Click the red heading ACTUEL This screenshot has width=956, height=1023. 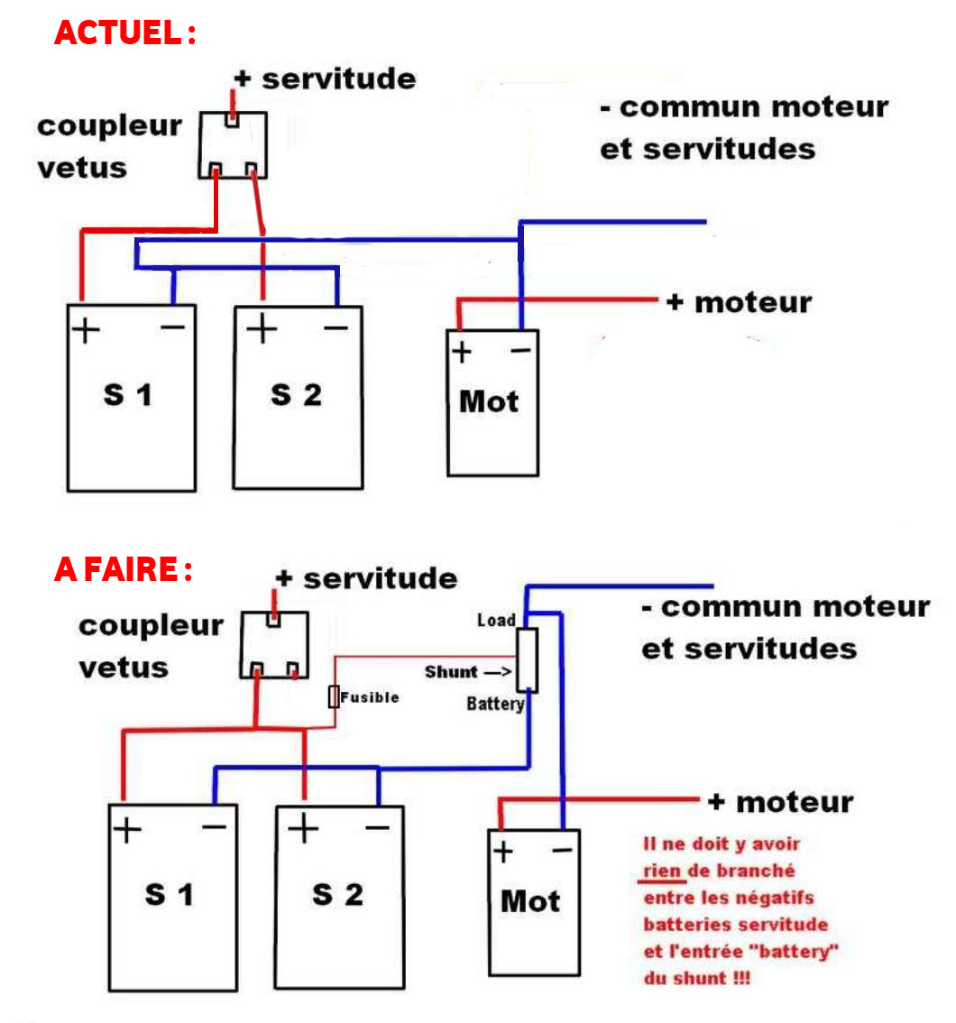click(124, 32)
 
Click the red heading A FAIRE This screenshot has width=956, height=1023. click(123, 569)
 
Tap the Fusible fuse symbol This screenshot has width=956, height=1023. click(334, 696)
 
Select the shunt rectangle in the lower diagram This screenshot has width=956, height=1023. click(528, 660)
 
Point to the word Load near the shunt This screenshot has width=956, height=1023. click(496, 621)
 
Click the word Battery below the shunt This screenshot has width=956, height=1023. click(495, 704)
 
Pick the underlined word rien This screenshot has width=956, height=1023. click(665, 871)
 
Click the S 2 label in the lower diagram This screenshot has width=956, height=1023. click(337, 894)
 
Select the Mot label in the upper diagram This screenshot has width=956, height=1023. click(489, 401)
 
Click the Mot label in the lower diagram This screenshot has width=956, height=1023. click(530, 900)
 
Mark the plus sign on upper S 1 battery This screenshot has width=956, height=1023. click(86, 330)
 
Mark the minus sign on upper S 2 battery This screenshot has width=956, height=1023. click(336, 328)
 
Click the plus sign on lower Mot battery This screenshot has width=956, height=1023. click(503, 851)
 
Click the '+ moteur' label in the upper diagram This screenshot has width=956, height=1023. click(739, 302)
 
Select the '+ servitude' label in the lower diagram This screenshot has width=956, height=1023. click(366, 578)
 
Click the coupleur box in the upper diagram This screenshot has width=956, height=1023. click(233, 144)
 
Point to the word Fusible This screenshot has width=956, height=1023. click(370, 697)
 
